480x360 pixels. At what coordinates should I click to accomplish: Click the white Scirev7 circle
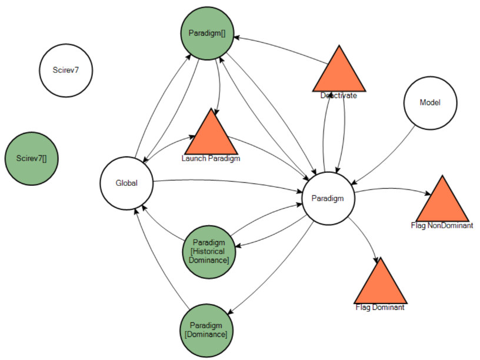click(66, 70)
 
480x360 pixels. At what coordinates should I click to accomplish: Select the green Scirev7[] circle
click(32, 158)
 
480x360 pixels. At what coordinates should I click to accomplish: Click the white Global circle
click(126, 183)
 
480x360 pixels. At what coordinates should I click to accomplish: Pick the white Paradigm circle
click(327, 198)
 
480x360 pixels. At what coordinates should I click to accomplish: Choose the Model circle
click(430, 102)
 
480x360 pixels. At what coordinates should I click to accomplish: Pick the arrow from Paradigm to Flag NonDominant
click(394, 188)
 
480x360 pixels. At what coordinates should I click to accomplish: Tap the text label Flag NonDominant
click(442, 225)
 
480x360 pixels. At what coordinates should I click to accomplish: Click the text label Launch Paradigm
click(211, 158)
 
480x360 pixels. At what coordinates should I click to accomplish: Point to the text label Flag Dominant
click(380, 307)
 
